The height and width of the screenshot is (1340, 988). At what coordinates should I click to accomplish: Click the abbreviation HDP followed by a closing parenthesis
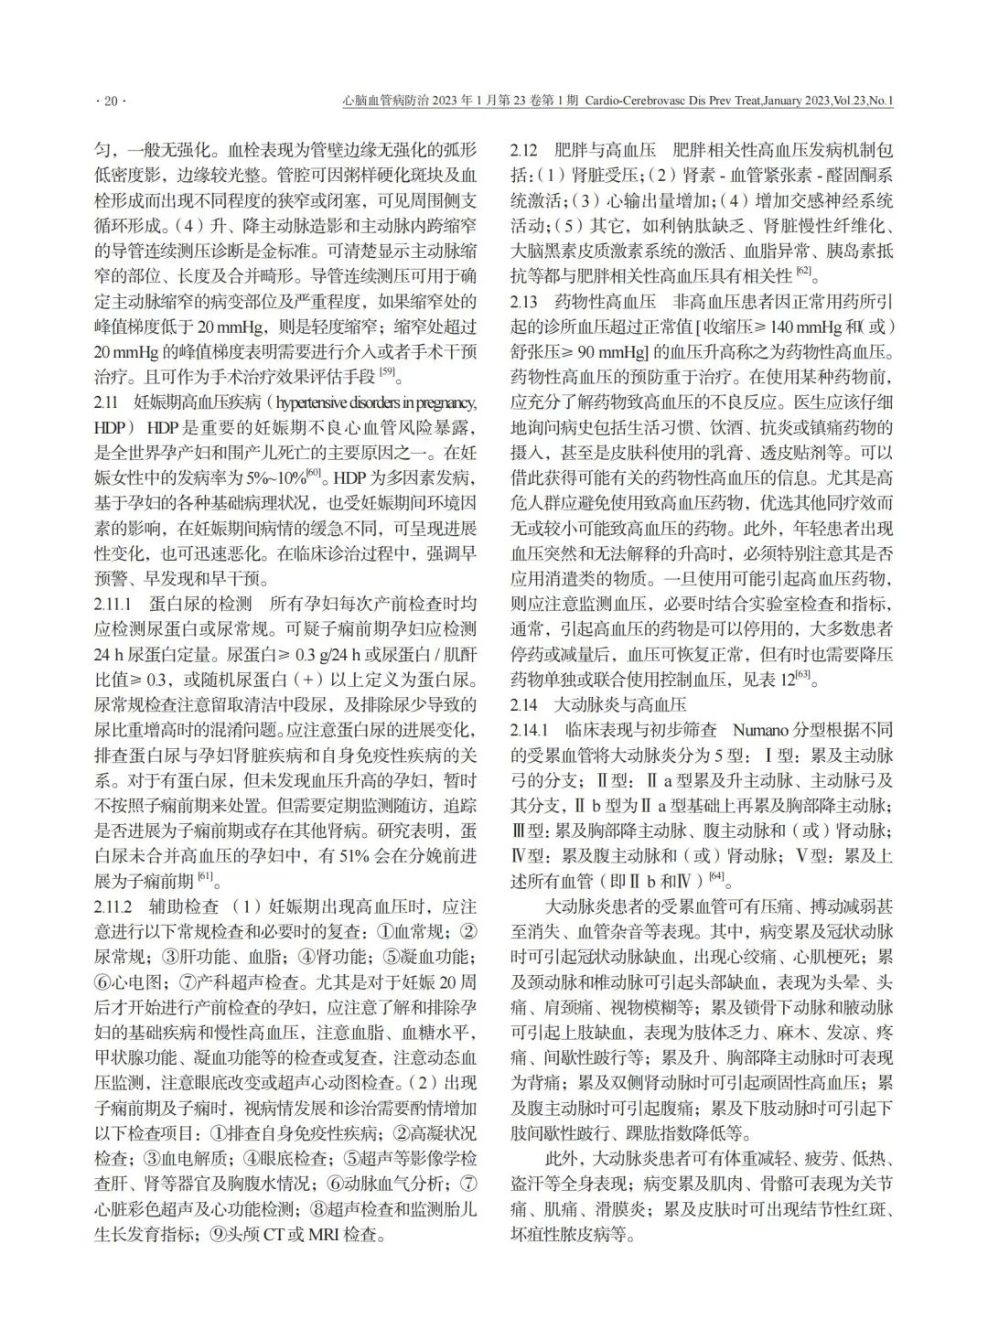(x=113, y=427)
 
